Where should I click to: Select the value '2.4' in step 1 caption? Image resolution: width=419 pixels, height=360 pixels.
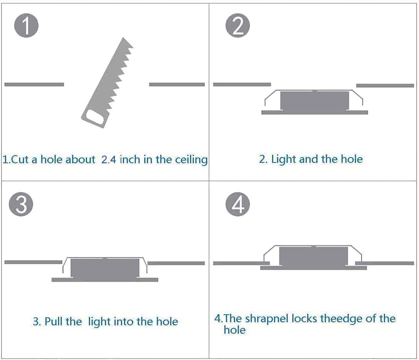pos(109,159)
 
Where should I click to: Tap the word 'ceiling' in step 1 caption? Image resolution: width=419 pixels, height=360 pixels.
pos(191,160)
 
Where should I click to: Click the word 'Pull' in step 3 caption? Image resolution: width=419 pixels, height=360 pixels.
pos(53,321)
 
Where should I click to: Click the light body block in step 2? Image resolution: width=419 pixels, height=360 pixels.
pos(314,101)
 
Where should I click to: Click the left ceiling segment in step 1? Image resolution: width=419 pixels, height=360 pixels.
pos(34,84)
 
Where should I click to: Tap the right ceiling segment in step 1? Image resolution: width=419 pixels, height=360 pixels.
pos(177,84)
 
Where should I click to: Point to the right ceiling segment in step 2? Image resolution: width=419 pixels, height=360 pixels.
pos(385,85)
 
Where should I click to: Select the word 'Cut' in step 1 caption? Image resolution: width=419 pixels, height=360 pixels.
pos(20,159)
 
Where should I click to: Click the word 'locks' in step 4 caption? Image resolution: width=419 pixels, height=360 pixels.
pos(305,319)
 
